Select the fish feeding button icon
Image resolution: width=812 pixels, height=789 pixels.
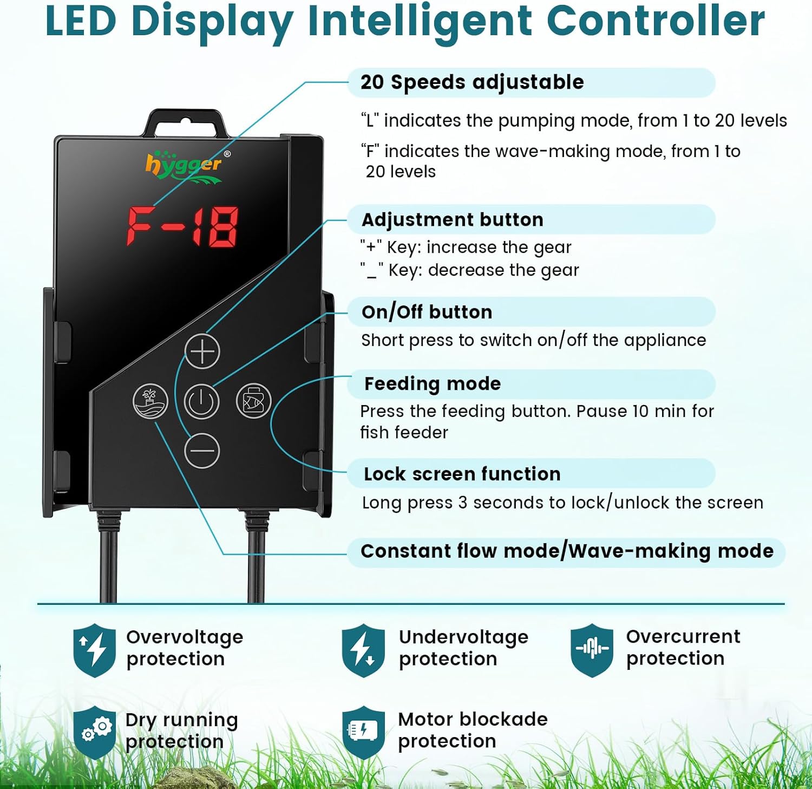pyautogui.click(x=253, y=401)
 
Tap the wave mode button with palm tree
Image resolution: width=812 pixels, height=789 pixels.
pyautogui.click(x=150, y=401)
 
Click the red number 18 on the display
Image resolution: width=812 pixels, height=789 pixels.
pyautogui.click(x=215, y=227)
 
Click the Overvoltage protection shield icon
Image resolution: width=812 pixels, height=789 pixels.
pyautogui.click(x=95, y=650)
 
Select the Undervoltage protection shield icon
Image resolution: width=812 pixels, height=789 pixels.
pyautogui.click(x=363, y=650)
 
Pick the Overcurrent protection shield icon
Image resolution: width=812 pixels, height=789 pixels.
pyautogui.click(x=592, y=649)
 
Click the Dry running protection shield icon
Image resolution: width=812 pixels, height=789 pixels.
pyautogui.click(x=95, y=732)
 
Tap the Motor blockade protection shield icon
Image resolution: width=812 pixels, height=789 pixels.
pyautogui.click(x=363, y=732)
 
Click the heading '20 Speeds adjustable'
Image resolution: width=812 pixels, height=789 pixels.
pyautogui.click(x=472, y=82)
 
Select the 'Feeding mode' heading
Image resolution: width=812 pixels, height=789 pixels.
pyautogui.click(x=433, y=383)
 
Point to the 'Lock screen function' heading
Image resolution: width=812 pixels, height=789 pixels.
pyautogui.click(x=462, y=474)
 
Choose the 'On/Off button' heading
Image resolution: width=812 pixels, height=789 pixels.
pyautogui.click(x=427, y=312)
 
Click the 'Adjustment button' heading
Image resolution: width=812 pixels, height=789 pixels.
pyautogui.click(x=452, y=220)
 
